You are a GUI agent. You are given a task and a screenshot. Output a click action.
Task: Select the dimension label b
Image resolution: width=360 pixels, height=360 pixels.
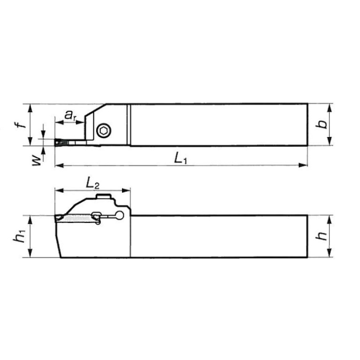(320, 124)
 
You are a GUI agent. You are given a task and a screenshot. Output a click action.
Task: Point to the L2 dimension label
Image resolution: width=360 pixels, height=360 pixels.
(92, 183)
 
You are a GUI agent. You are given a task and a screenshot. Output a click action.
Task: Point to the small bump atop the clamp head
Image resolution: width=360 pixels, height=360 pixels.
(103, 196)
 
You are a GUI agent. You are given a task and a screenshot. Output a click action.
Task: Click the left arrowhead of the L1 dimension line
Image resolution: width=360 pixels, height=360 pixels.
(58, 165)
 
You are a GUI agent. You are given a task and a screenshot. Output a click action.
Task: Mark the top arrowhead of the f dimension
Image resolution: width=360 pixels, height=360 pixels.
(31, 106)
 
